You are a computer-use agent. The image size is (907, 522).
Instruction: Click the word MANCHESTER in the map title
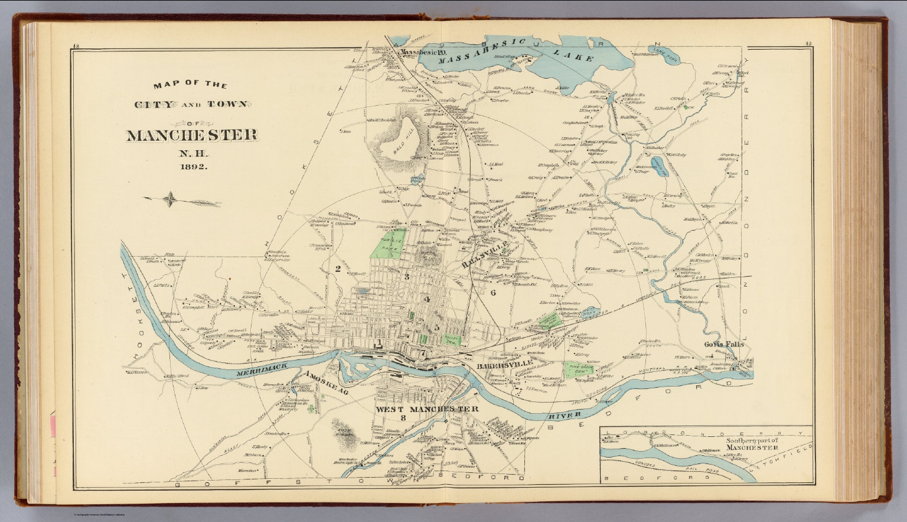tap(193, 135)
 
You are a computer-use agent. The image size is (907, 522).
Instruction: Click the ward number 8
tap(403, 419)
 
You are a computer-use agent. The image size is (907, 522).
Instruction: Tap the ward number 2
tap(338, 269)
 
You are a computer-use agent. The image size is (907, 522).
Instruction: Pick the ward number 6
tap(492, 292)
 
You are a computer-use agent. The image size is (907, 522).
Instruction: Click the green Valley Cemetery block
tap(452, 339)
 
